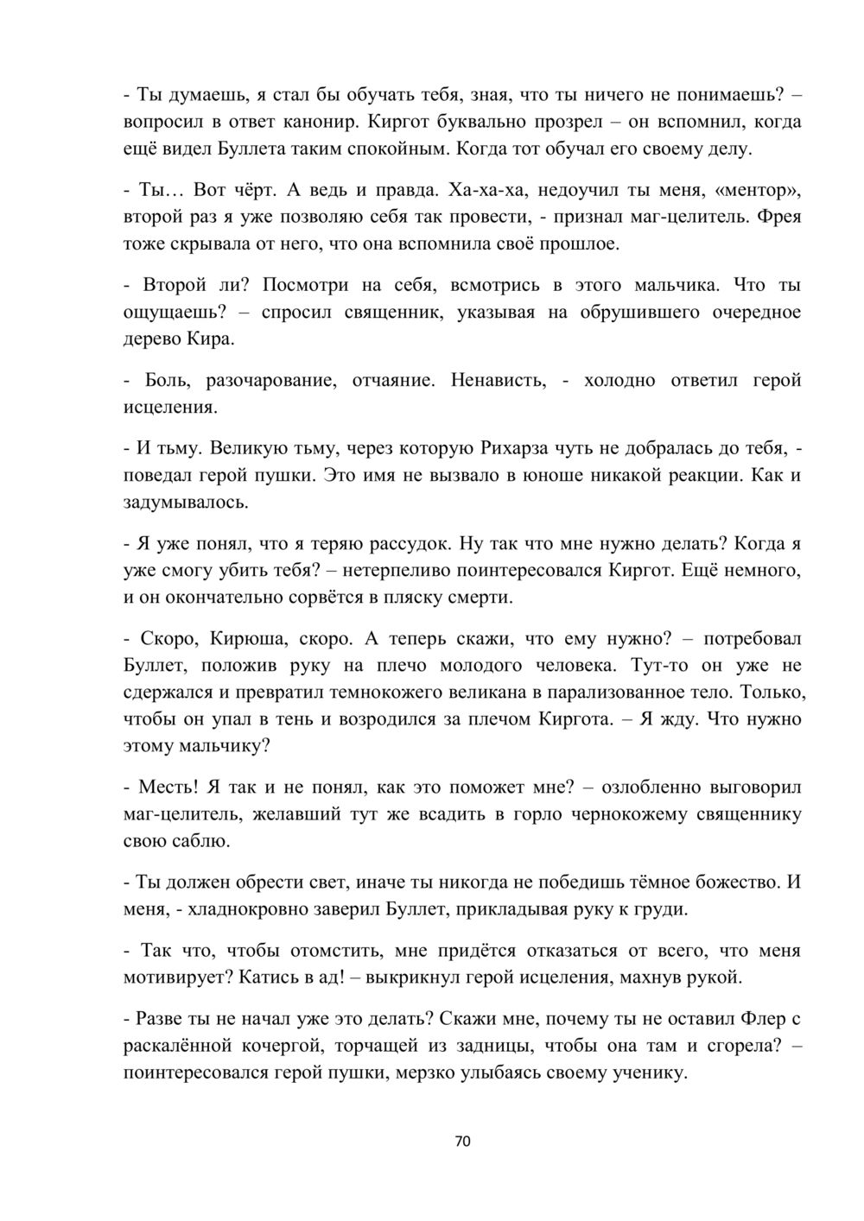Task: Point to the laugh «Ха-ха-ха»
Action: (x=486, y=190)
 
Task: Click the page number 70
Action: (x=462, y=1142)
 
